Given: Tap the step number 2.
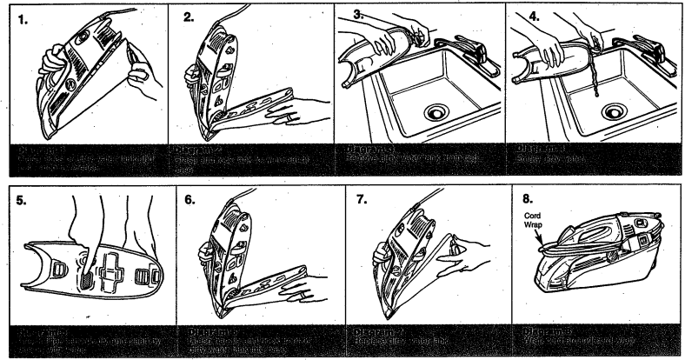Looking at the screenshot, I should [189, 16].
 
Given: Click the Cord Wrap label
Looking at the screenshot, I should [533, 221].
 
